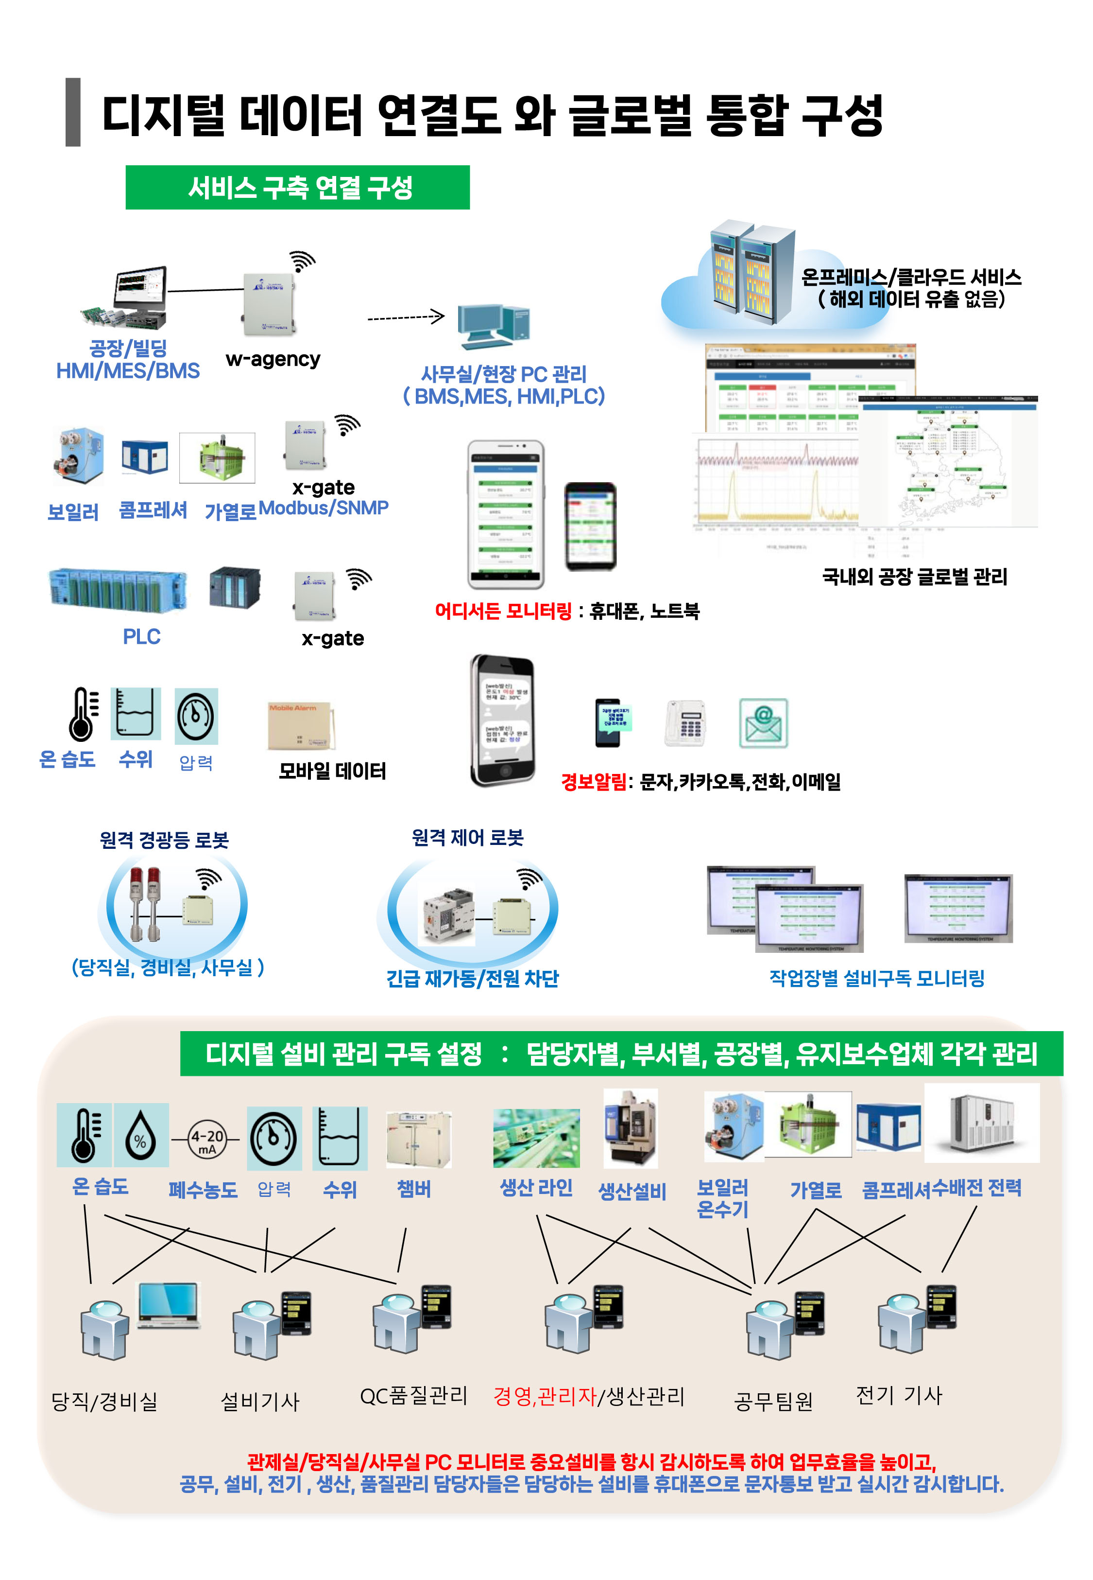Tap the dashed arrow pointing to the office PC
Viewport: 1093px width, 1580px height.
(406, 317)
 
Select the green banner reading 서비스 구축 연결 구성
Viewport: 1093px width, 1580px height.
(297, 187)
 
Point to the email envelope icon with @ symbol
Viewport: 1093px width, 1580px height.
(763, 723)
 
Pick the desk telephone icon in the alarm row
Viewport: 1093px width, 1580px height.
(685, 723)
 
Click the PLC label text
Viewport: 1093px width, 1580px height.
(141, 636)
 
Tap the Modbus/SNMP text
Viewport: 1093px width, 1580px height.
(323, 508)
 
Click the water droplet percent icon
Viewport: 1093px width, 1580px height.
(140, 1136)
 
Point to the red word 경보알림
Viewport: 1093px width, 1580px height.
(592, 781)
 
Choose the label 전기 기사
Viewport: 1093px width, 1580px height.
(899, 1394)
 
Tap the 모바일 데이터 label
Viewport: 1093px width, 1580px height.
(332, 771)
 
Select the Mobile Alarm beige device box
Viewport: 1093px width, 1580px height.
(299, 725)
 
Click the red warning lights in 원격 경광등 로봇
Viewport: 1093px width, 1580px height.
(145, 902)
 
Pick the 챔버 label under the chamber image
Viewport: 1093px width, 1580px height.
(414, 1189)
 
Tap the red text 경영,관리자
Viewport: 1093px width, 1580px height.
(545, 1396)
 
